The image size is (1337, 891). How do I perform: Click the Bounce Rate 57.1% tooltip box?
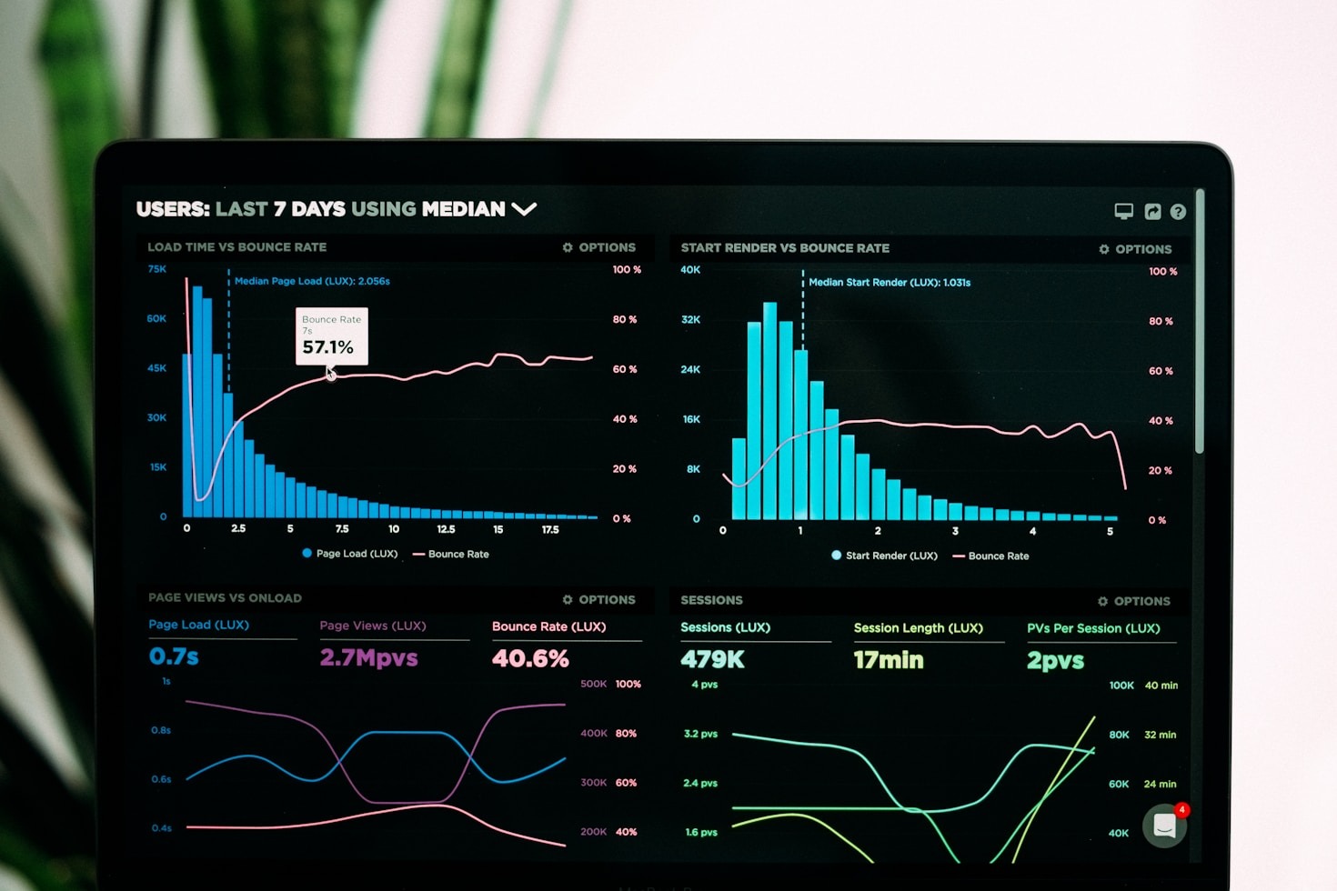click(332, 336)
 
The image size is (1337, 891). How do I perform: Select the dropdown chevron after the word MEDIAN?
click(524, 209)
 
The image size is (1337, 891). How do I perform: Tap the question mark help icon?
click(1178, 212)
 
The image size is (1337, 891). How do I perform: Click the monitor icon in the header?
click(1124, 211)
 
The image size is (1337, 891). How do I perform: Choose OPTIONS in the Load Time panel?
click(599, 247)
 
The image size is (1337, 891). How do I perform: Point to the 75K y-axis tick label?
click(157, 269)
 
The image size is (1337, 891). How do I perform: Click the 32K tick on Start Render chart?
click(690, 320)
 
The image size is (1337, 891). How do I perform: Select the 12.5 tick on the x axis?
click(446, 529)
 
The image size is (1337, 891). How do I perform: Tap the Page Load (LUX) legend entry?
click(350, 554)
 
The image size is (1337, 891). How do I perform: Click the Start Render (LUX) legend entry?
click(884, 556)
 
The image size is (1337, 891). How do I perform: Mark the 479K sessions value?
click(712, 660)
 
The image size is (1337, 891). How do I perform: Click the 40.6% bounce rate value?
click(530, 658)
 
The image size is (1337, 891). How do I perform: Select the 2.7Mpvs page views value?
click(368, 657)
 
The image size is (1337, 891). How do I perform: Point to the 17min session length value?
click(888, 660)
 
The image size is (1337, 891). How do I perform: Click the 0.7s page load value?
click(174, 656)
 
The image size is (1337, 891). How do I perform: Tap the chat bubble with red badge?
click(1165, 826)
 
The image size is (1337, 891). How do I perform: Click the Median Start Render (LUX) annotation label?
click(890, 283)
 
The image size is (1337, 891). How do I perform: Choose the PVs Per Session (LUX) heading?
click(1093, 628)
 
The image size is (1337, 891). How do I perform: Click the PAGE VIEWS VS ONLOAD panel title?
click(225, 598)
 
